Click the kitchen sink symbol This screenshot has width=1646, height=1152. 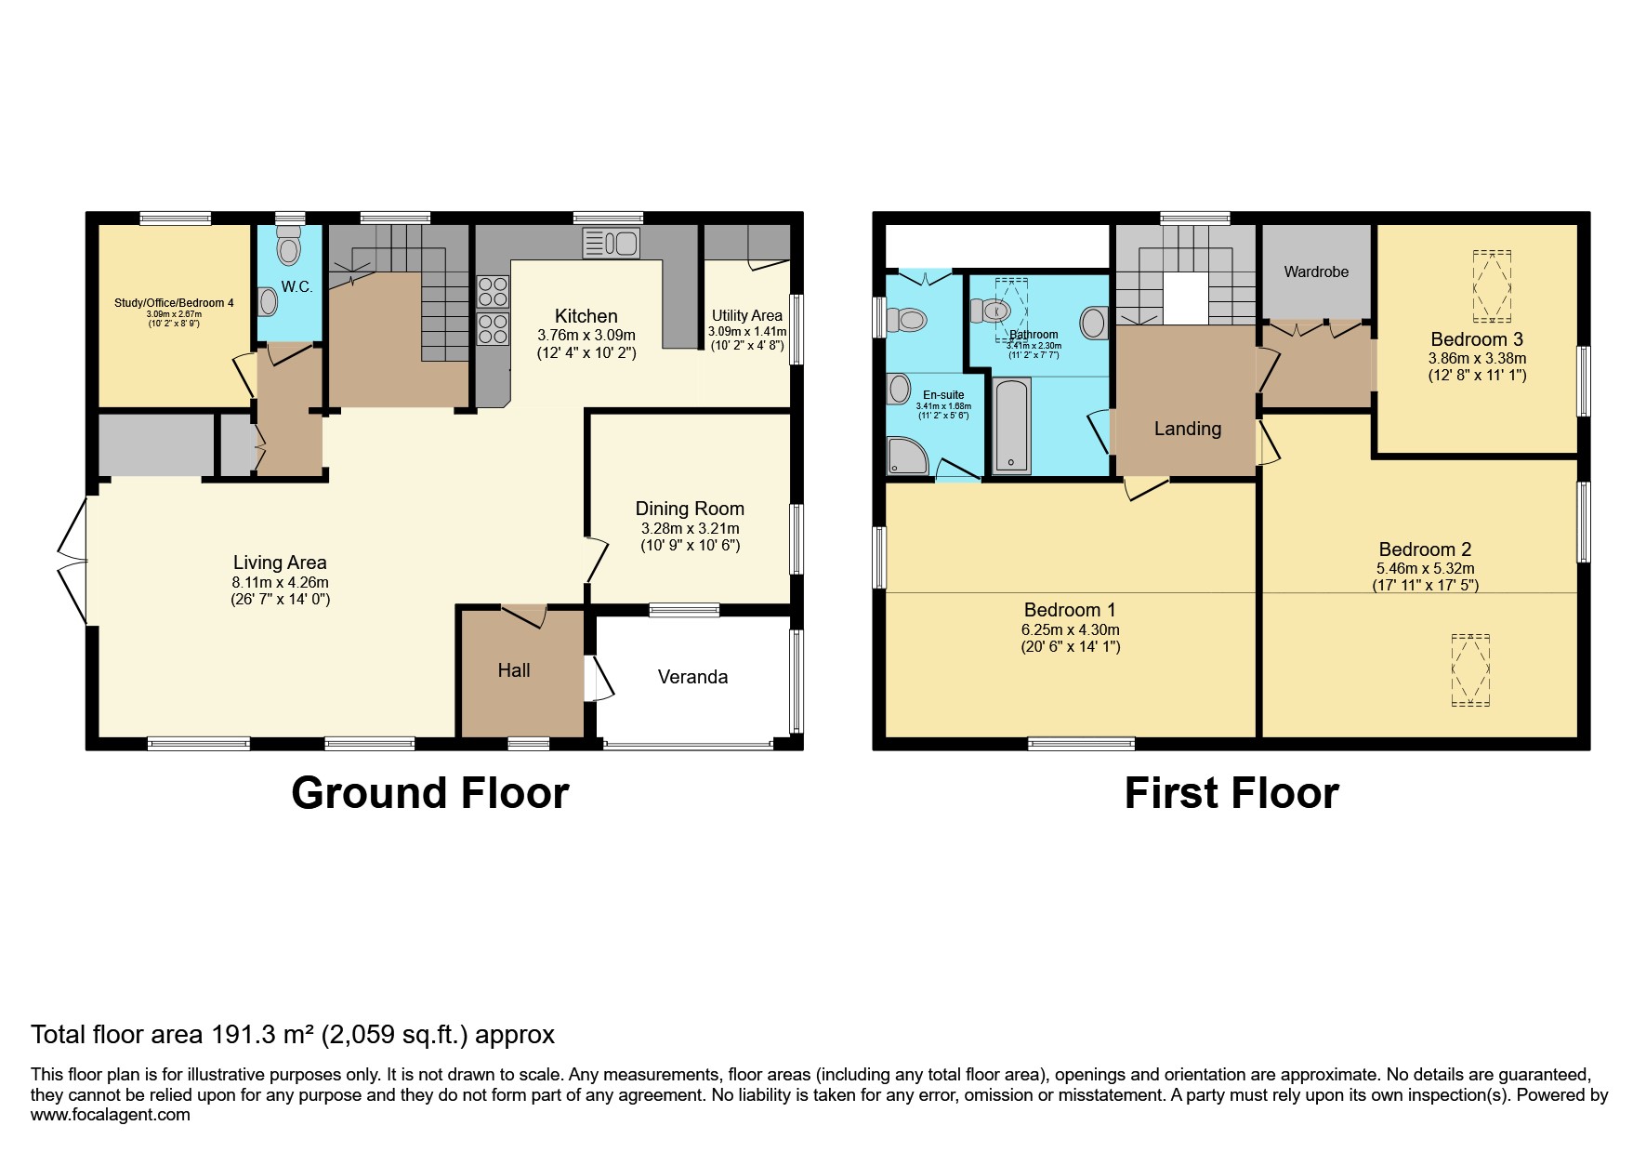coord(611,244)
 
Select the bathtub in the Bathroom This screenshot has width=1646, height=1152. coord(1011,426)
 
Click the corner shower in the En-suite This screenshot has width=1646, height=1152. coord(907,457)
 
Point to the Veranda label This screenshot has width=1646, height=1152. coord(692,677)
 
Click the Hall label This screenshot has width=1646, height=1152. coord(514,670)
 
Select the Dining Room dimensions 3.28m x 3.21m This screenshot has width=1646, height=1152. coord(690,528)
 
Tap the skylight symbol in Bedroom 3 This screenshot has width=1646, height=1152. coord(1493,285)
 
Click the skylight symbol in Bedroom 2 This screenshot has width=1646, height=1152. coord(1470,670)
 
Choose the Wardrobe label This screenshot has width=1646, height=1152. coord(1316,272)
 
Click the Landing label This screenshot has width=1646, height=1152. coord(1187,429)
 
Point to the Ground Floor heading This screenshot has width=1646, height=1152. coord(429,793)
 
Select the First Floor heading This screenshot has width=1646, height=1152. coord(1231,793)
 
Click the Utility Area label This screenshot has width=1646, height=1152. coord(746,315)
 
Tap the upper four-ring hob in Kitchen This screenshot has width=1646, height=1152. coord(493,291)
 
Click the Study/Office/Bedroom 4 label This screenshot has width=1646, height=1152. coord(174,303)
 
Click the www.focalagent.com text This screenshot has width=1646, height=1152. coord(111,1115)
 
